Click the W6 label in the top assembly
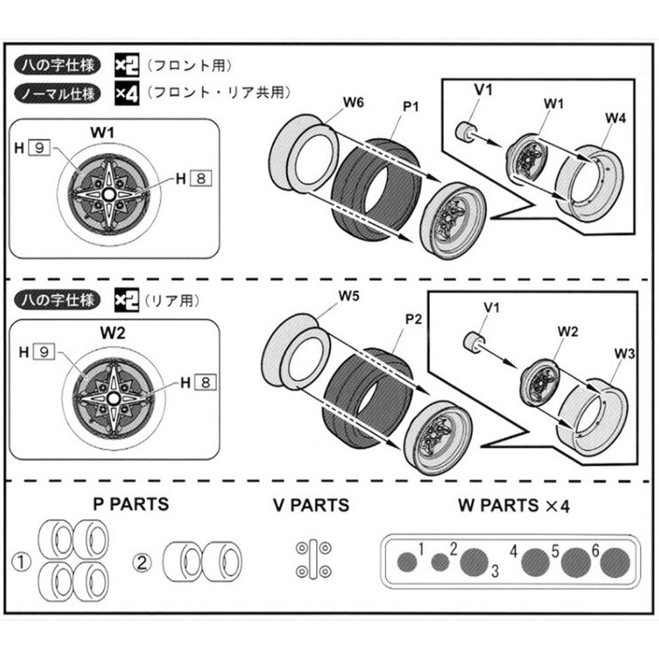pyautogui.click(x=353, y=103)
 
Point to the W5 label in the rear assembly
pyautogui.click(x=349, y=296)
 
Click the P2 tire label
pyautogui.click(x=413, y=320)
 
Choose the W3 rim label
pyautogui.click(x=625, y=355)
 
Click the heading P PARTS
pyautogui.click(x=130, y=505)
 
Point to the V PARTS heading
pyautogui.click(x=311, y=506)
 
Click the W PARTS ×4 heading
pyautogui.click(x=513, y=506)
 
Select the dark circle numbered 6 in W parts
pyautogui.click(x=617, y=562)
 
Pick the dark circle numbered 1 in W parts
pyautogui.click(x=409, y=561)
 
